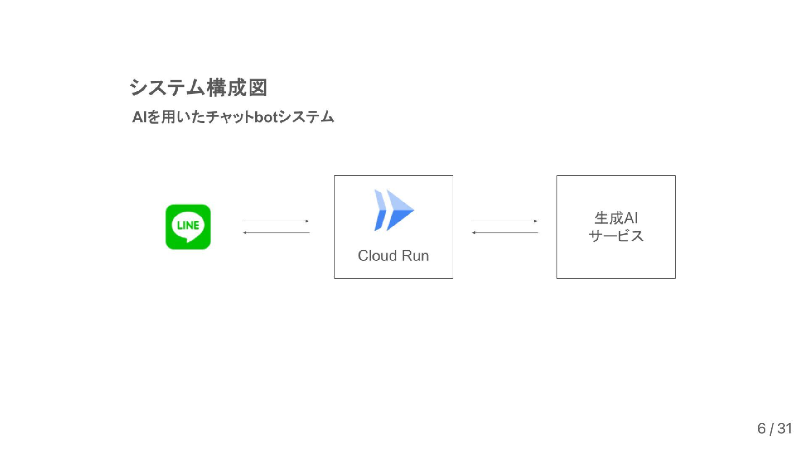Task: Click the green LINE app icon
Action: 188,227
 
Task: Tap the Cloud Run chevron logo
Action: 394,210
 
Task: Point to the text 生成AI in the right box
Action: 616,218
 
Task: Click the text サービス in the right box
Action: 616,236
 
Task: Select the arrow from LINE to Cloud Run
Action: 275,221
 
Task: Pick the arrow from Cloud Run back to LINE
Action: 276,232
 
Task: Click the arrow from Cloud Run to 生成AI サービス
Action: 504,221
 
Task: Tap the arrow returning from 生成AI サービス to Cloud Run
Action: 504,232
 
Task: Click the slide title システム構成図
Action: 198,88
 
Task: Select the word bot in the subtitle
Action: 266,117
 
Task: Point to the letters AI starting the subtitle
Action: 140,117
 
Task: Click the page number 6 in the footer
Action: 761,428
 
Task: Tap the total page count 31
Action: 784,428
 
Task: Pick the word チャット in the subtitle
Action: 230,117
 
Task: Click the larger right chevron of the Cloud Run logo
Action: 399,210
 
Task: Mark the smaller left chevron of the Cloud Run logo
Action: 380,210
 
